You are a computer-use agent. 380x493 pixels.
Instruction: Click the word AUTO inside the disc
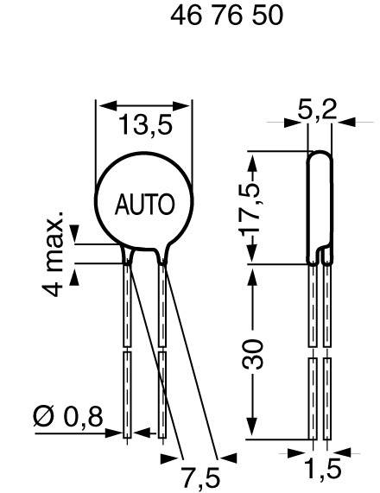click(x=145, y=205)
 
